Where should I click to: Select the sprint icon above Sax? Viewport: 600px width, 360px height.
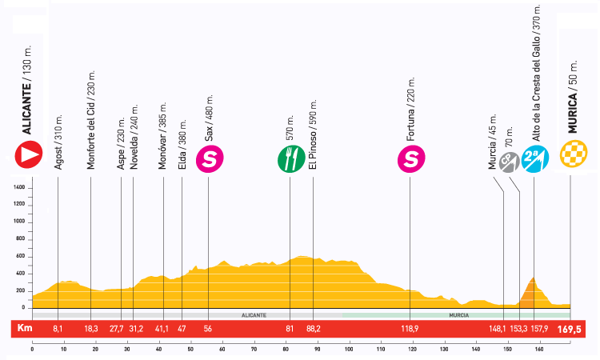210,159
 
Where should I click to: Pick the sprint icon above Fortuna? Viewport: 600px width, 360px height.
410,159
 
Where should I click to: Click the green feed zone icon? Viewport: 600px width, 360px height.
290,159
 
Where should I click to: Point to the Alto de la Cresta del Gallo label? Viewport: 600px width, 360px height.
536,72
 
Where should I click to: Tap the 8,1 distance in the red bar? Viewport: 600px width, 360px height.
57,328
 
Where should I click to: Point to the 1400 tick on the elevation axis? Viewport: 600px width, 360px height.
18,187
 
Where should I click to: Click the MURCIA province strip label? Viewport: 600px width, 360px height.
458,315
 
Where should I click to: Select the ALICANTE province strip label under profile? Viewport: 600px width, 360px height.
254,315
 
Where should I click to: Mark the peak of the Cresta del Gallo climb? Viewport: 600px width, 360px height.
533,277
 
